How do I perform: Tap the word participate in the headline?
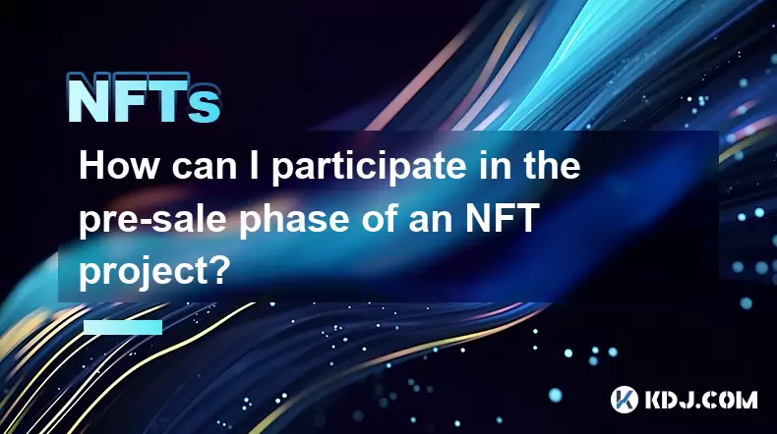pyautogui.click(x=368, y=168)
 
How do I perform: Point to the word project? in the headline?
pyautogui.click(x=153, y=272)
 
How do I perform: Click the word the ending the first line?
pyautogui.click(x=551, y=166)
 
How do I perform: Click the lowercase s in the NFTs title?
pyautogui.click(x=205, y=106)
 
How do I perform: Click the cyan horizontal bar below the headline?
pyautogui.click(x=123, y=327)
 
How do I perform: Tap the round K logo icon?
pyautogui.click(x=625, y=400)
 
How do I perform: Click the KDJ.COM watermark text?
pyautogui.click(x=700, y=400)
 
